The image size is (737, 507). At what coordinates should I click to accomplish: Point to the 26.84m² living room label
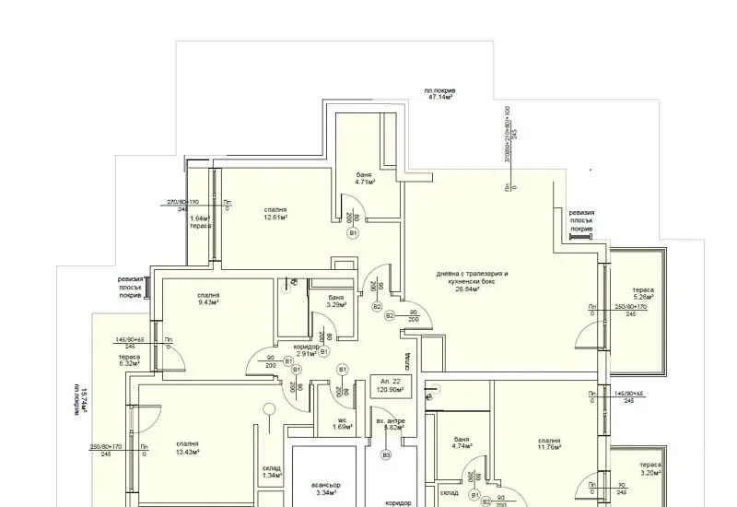coord(472,281)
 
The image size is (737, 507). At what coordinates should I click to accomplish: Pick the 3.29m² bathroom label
coord(335,301)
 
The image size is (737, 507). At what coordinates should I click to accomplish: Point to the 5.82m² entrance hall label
coord(391,424)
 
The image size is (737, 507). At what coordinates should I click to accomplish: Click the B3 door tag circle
coord(386,454)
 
